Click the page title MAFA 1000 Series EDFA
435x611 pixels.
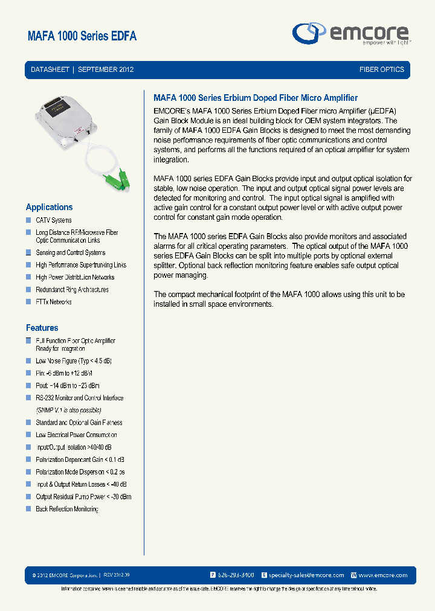(x=82, y=36)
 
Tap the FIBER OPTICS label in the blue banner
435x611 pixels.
(x=381, y=69)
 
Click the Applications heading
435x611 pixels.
(x=49, y=207)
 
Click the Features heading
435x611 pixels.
(x=42, y=328)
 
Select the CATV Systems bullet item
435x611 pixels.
(x=53, y=220)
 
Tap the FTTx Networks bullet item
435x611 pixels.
(x=53, y=302)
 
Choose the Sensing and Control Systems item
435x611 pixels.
(x=70, y=253)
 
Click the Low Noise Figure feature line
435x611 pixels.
(x=73, y=361)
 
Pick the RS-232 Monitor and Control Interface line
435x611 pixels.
(x=79, y=398)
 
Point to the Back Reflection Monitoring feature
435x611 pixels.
(x=66, y=509)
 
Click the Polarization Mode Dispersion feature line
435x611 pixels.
(x=80, y=472)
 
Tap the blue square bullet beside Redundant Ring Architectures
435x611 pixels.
(x=28, y=289)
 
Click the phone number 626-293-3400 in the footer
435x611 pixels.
(x=236, y=575)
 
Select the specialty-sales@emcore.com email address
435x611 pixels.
(x=306, y=575)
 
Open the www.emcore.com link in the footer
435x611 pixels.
(x=383, y=575)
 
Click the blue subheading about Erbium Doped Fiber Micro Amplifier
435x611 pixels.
(x=256, y=98)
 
